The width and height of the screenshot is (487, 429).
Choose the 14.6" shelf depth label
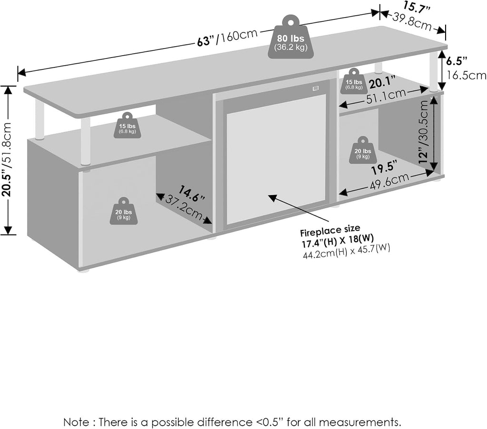coord(191,194)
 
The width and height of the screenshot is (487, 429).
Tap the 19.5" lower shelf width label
coord(384,168)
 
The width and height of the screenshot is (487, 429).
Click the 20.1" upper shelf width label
coord(382,83)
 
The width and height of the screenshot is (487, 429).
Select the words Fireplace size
coord(330,231)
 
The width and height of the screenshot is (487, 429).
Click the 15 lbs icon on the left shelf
coord(127,126)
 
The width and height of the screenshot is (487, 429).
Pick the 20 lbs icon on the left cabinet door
coord(124,211)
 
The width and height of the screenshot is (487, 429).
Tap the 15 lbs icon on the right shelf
coord(354,81)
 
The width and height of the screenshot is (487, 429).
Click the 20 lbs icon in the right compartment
coord(363,150)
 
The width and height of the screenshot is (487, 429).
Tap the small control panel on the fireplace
coord(316,88)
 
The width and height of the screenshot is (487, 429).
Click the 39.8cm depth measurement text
coord(412,21)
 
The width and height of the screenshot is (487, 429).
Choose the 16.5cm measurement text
coord(466,76)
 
